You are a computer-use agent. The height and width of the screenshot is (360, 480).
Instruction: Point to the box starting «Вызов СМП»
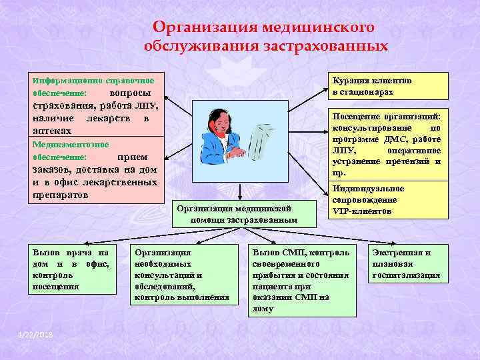coord(301,280)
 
